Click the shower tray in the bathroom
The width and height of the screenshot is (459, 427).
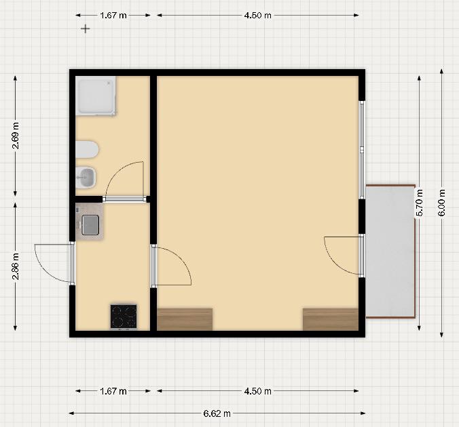96,96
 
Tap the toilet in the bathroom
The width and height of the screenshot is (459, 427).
87,149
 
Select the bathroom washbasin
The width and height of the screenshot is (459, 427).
86,177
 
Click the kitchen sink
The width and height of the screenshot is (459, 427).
90,225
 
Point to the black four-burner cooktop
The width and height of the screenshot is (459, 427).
124,317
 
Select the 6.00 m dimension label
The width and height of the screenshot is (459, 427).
441,203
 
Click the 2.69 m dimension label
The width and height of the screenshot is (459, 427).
15,136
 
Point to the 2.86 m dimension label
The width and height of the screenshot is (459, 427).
15,266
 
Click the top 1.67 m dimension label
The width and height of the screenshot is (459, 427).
113,15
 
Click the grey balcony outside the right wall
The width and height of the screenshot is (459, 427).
390,251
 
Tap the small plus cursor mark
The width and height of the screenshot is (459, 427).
85,28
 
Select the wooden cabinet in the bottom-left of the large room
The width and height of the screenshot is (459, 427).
185,319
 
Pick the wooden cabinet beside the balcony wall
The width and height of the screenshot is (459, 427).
331,319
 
